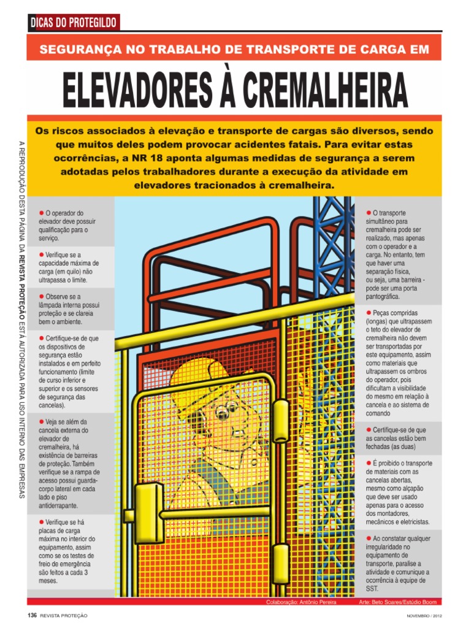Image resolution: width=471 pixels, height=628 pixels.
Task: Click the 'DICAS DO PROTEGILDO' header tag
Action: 74,23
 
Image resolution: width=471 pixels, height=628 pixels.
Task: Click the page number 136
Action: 32,615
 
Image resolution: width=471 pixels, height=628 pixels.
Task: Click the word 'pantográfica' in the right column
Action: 383,296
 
